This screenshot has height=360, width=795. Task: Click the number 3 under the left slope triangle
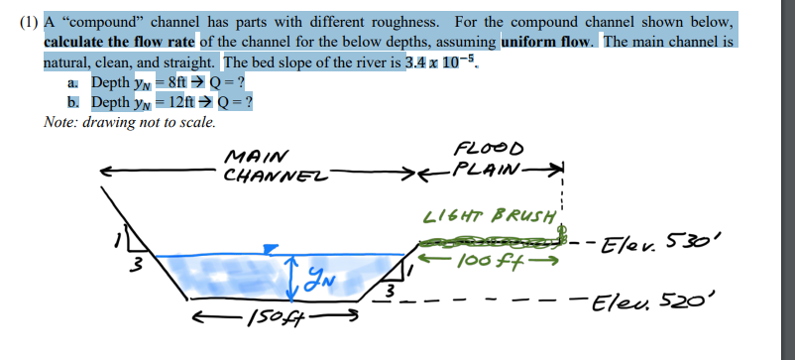point(139,265)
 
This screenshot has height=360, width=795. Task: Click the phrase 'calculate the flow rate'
point(121,42)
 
